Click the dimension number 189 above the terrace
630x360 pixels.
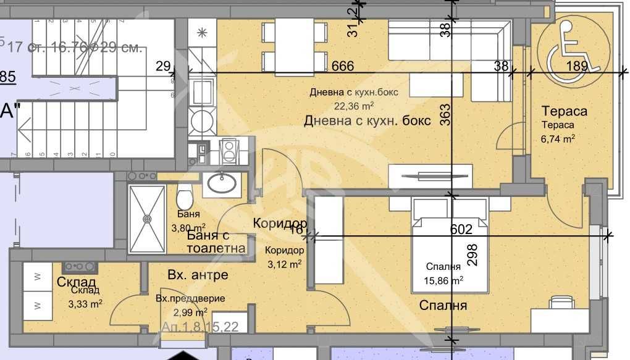click(577, 67)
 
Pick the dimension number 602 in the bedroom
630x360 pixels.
click(461, 229)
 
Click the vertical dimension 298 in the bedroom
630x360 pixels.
click(474, 255)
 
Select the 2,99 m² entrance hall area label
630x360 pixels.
click(190, 312)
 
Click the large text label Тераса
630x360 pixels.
click(563, 112)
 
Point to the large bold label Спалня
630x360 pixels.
click(443, 305)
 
